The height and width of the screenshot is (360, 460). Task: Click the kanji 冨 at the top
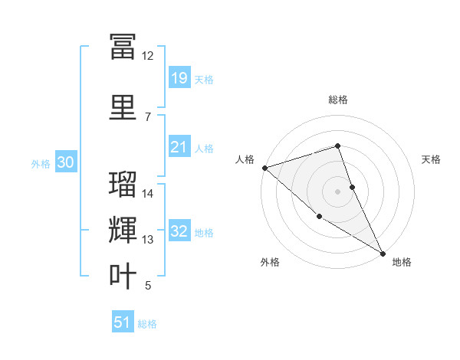click(x=123, y=45)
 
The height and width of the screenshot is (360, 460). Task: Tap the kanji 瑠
click(x=123, y=185)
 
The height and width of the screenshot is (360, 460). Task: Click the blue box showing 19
click(x=179, y=78)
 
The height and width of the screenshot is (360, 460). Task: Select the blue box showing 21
click(x=179, y=147)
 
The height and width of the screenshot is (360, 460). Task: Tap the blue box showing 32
click(x=179, y=231)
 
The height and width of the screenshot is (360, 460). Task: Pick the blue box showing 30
click(x=65, y=162)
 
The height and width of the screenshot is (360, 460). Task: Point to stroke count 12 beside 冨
click(x=147, y=56)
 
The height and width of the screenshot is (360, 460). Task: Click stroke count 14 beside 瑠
click(x=148, y=194)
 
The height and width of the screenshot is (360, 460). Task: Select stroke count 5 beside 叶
click(x=148, y=286)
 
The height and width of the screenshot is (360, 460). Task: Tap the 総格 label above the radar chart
click(x=337, y=100)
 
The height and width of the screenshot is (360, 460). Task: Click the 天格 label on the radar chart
click(x=432, y=159)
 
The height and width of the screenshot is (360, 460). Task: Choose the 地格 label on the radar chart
click(x=402, y=262)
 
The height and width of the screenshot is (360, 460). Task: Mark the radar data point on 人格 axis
click(x=264, y=167)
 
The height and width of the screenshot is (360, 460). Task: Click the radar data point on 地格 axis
click(x=383, y=252)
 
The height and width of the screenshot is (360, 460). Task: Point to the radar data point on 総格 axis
click(x=337, y=146)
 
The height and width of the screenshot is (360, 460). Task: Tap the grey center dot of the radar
click(x=337, y=191)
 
